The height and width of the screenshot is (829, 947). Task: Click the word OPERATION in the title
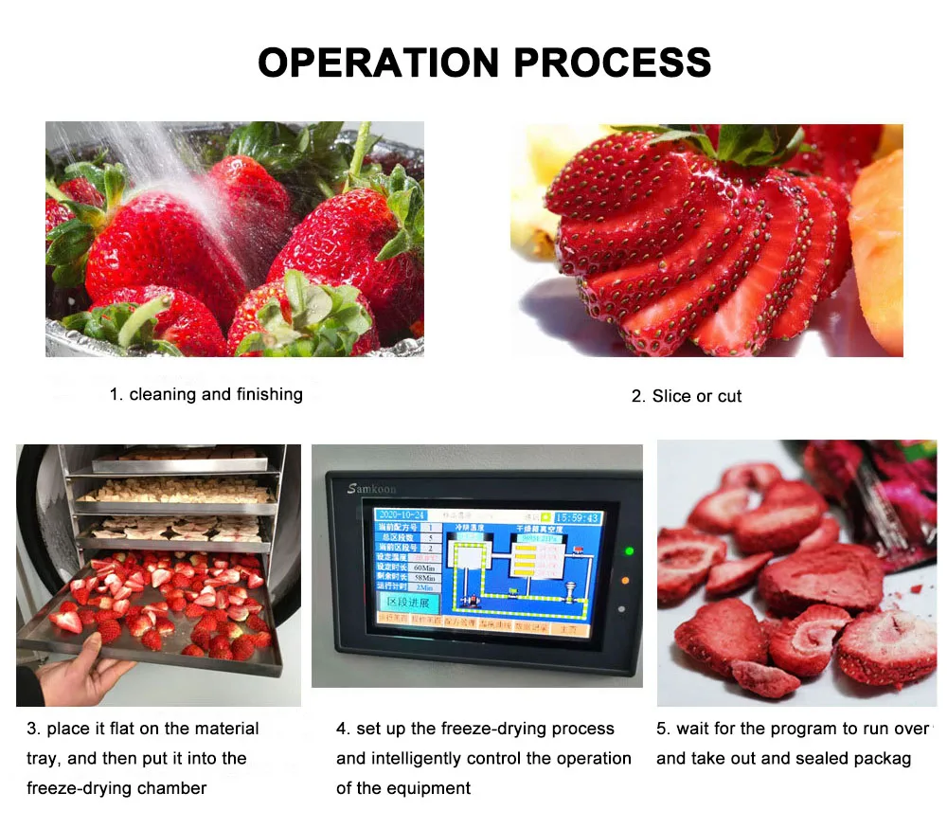[379, 63]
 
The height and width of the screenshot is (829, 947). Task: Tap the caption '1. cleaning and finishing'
[206, 394]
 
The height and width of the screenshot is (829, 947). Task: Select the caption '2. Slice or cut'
[687, 396]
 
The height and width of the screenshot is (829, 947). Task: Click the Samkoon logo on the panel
[372, 489]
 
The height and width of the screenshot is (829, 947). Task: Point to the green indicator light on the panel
[626, 550]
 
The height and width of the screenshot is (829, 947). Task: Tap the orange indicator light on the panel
[626, 579]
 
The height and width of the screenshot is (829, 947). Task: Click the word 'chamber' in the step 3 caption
[176, 787]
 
